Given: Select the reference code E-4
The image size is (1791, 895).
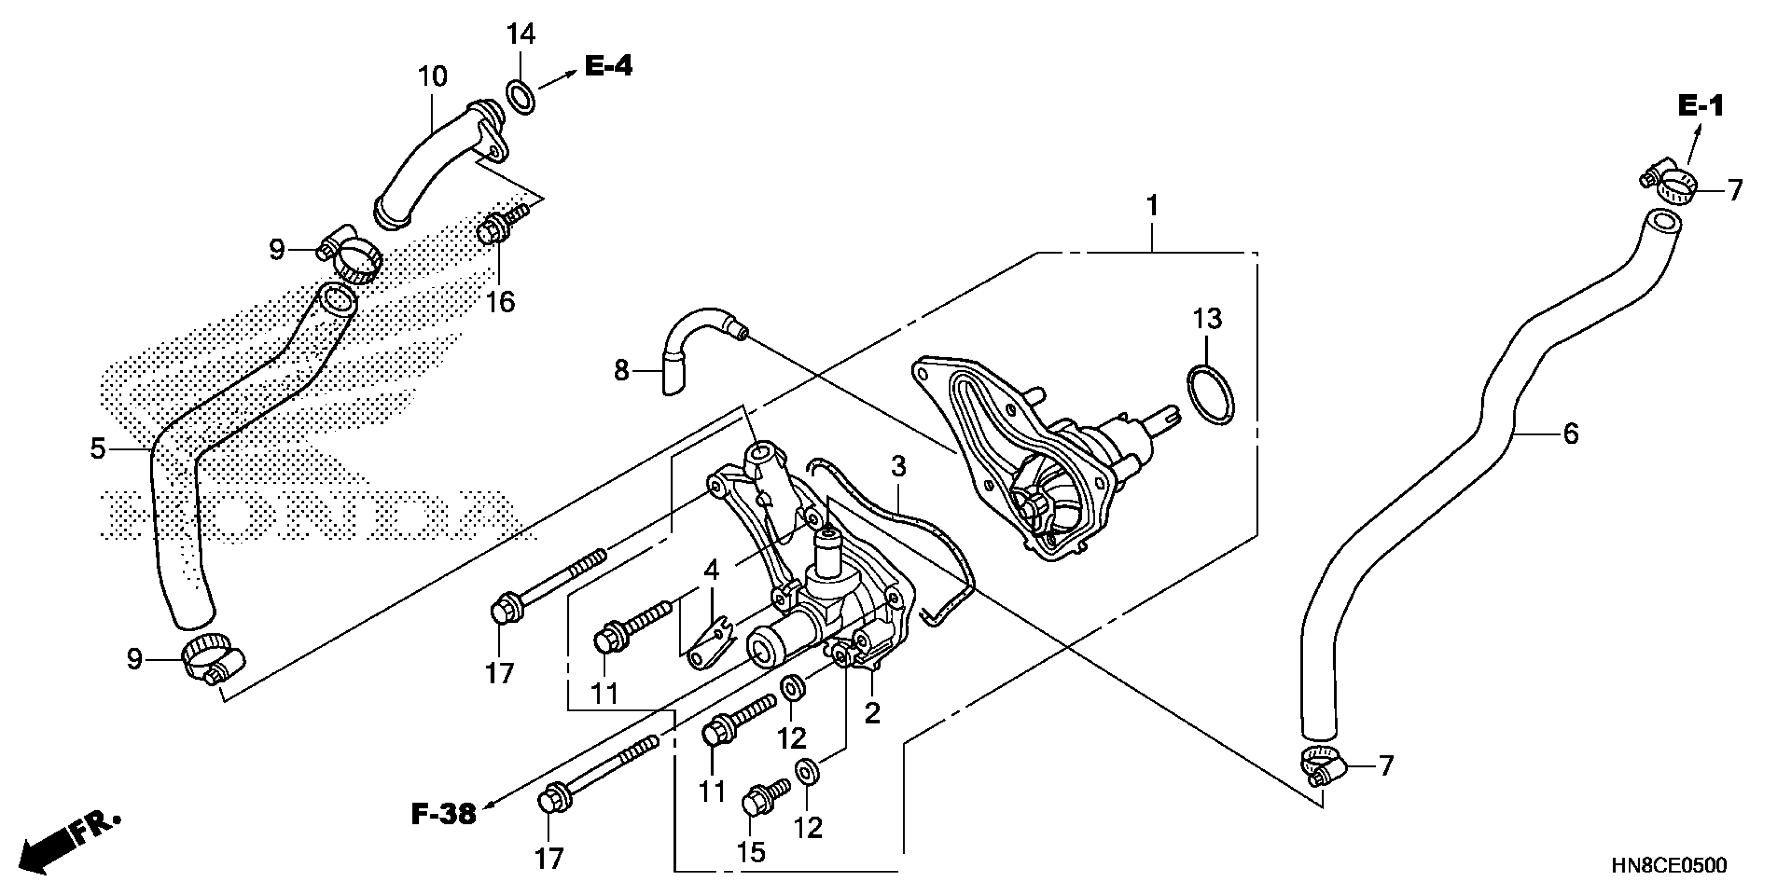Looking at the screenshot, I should [608, 67].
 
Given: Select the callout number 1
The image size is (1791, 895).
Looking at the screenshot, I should [1153, 206].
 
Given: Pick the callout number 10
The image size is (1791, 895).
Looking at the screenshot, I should [432, 76].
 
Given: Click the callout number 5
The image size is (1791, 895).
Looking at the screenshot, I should [98, 449].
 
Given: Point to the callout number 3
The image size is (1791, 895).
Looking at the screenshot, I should [898, 466].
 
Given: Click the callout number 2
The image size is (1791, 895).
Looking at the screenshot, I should [872, 713].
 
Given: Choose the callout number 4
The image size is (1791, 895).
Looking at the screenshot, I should [711, 571].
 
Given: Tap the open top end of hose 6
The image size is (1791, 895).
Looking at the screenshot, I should [1662, 224].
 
